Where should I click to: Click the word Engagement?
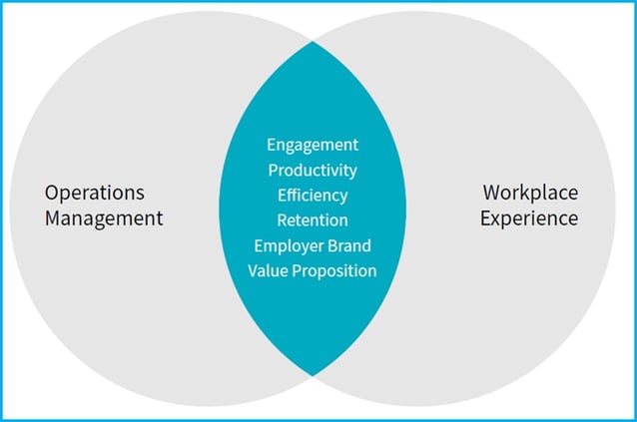click(313, 146)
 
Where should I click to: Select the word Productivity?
click(313, 171)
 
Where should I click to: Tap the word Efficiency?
click(313, 196)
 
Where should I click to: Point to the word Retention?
click(313, 220)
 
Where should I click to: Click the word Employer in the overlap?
click(289, 246)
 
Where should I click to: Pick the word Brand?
click(349, 245)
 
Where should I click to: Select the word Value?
click(268, 270)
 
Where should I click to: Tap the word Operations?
click(95, 194)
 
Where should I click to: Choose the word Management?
click(104, 218)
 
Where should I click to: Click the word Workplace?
click(530, 194)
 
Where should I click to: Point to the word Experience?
click(529, 218)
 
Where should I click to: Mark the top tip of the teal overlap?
click(313, 41)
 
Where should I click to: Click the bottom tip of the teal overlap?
click(313, 376)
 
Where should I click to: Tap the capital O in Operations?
click(51, 193)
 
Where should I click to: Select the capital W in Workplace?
click(492, 193)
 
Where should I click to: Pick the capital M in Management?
click(53, 218)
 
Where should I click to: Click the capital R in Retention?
click(282, 220)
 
